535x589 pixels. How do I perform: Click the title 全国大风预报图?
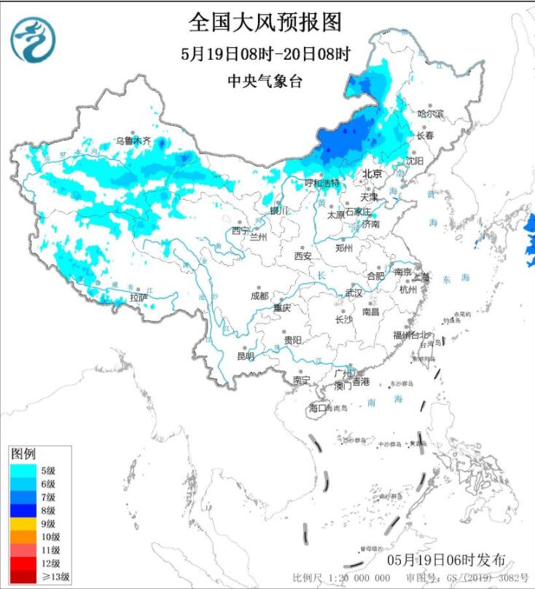(x=265, y=22)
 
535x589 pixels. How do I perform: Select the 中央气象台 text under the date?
(x=265, y=82)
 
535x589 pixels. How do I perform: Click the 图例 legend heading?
(x=23, y=454)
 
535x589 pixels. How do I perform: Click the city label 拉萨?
(x=138, y=298)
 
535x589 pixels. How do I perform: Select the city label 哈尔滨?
(x=430, y=114)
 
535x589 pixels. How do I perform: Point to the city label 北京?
(x=372, y=173)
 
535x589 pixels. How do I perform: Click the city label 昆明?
(x=246, y=357)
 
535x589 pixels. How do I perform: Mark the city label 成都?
(x=259, y=296)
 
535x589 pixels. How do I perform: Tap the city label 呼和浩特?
(x=321, y=183)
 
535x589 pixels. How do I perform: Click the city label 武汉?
(x=354, y=293)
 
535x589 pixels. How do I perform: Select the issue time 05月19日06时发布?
(x=446, y=559)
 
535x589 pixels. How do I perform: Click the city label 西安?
(x=302, y=256)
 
